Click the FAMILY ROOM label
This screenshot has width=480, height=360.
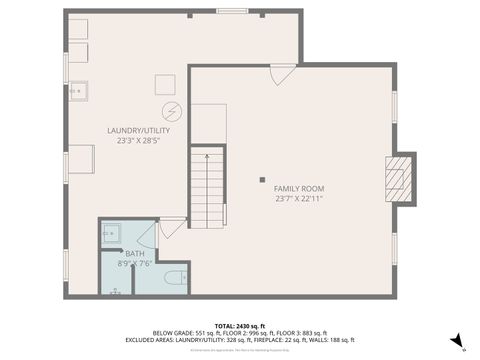(x=299, y=188)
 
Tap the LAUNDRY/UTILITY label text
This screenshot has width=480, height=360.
(x=139, y=131)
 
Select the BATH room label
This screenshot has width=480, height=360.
(x=134, y=254)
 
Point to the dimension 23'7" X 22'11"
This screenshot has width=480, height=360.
(x=299, y=198)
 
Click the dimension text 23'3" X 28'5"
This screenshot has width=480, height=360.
(x=139, y=141)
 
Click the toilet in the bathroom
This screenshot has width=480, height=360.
(x=174, y=277)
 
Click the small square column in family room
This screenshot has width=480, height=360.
(x=262, y=180)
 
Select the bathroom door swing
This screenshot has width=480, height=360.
(x=146, y=235)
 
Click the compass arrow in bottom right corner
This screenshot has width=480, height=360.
(x=456, y=341)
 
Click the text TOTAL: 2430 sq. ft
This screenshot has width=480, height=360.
(x=239, y=326)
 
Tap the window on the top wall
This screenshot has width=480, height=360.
(x=232, y=11)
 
